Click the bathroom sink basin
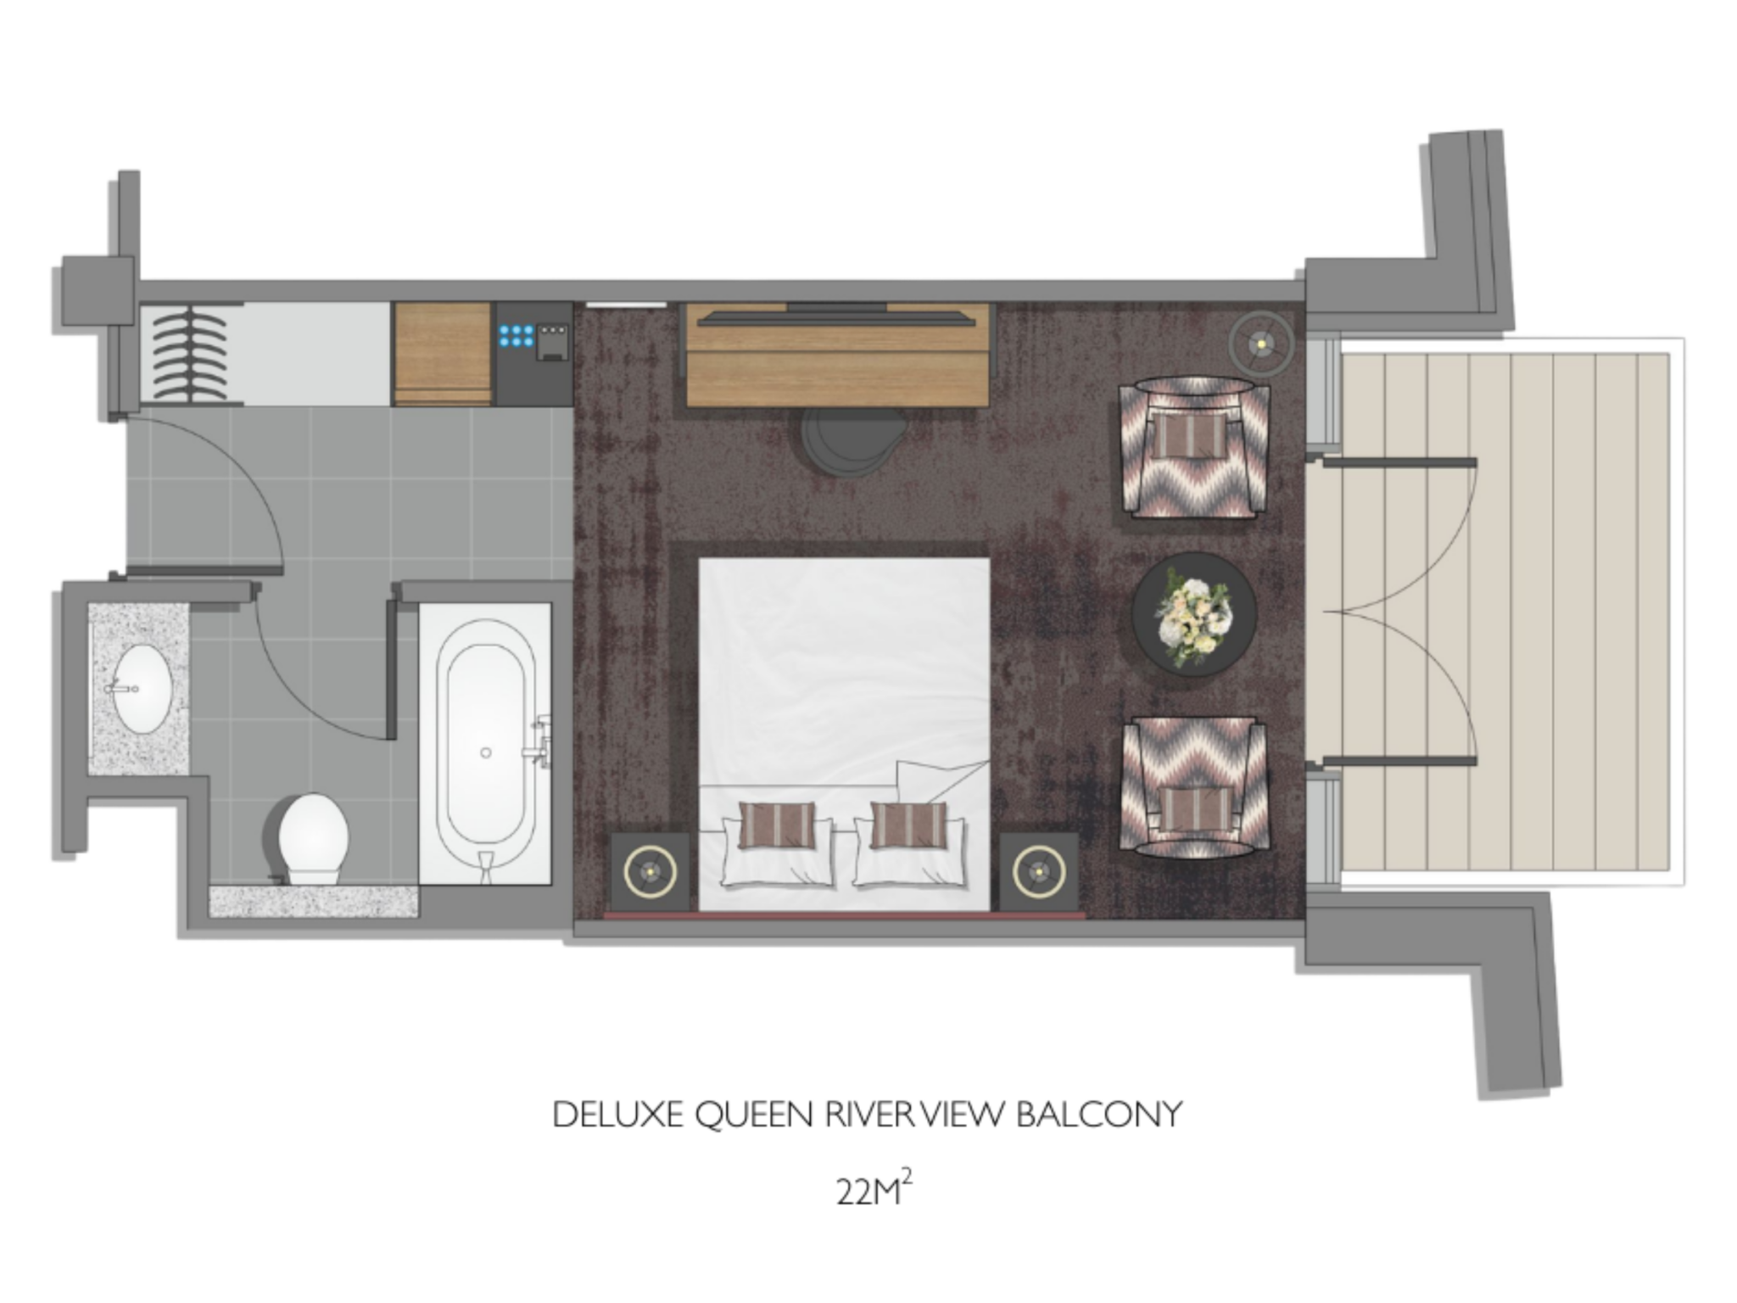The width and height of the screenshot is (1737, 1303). pyautogui.click(x=142, y=688)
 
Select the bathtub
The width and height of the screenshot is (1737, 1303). pyautogui.click(x=486, y=743)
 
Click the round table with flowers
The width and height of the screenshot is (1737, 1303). pyautogui.click(x=1194, y=615)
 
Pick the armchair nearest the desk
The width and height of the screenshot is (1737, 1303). pyautogui.click(x=1194, y=446)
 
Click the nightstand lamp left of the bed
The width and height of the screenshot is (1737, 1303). pyautogui.click(x=650, y=871)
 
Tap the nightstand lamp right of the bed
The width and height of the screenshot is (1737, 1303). pyautogui.click(x=1038, y=871)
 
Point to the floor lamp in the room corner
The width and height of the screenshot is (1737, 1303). pyautogui.click(x=1261, y=343)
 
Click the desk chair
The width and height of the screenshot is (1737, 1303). pyautogui.click(x=845, y=441)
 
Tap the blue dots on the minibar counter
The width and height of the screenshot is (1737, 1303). pyautogui.click(x=517, y=335)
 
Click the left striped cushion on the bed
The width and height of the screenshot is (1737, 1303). pyautogui.click(x=777, y=825)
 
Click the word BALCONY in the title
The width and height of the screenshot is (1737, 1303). pyautogui.click(x=1098, y=1114)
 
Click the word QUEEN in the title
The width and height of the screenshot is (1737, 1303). pyautogui.click(x=755, y=1115)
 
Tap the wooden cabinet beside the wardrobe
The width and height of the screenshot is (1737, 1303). pyautogui.click(x=443, y=354)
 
